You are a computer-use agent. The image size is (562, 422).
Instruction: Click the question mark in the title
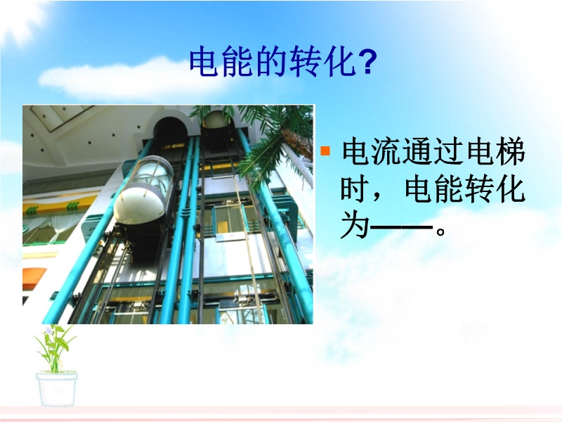[367, 62]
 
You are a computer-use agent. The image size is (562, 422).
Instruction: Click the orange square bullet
[325, 151]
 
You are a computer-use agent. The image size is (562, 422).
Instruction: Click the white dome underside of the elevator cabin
[140, 204]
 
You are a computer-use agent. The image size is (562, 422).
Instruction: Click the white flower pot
[56, 389]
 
